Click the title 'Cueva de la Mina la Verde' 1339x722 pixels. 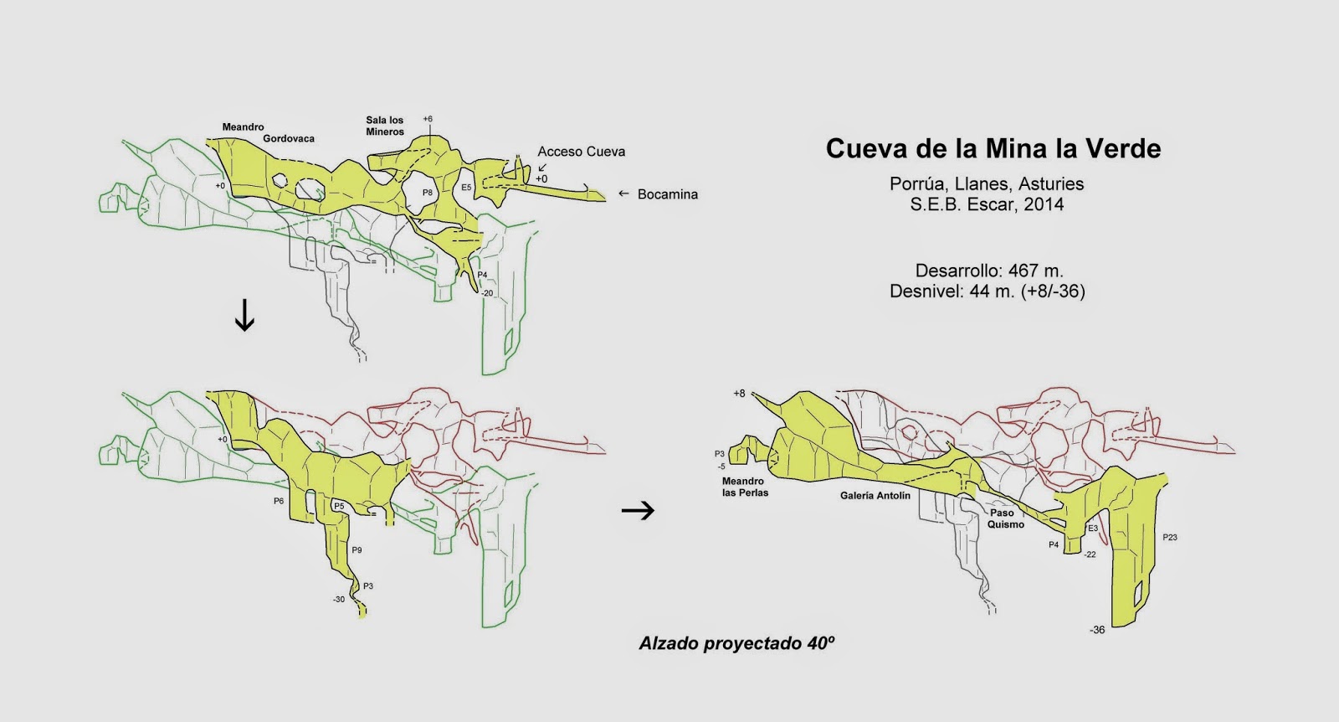pyautogui.click(x=993, y=149)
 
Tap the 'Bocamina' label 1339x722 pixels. pyautogui.click(x=667, y=194)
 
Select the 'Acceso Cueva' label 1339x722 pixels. pyautogui.click(x=581, y=152)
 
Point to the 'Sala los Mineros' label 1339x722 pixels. pyautogui.click(x=385, y=126)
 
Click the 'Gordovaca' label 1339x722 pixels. pyautogui.click(x=288, y=138)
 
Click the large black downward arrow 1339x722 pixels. pyautogui.click(x=244, y=315)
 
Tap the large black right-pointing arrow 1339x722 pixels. pyautogui.click(x=639, y=510)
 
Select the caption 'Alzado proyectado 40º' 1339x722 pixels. pyautogui.click(x=737, y=643)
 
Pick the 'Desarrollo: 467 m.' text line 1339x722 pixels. pyautogui.click(x=989, y=271)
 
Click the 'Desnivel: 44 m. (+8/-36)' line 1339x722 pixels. pyautogui.click(x=988, y=291)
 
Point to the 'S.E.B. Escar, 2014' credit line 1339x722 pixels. pyautogui.click(x=988, y=204)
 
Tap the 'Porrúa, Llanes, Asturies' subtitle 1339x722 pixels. pyautogui.click(x=987, y=183)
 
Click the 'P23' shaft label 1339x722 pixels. pyautogui.click(x=1170, y=537)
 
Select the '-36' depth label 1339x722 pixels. pyautogui.click(x=1097, y=630)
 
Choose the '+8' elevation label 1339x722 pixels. pyautogui.click(x=738, y=393)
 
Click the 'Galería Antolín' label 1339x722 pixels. pyautogui.click(x=875, y=496)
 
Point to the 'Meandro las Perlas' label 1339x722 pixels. pyautogui.click(x=745, y=487)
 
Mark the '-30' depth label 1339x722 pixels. pyautogui.click(x=338, y=599)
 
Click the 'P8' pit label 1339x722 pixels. pyautogui.click(x=427, y=193)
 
